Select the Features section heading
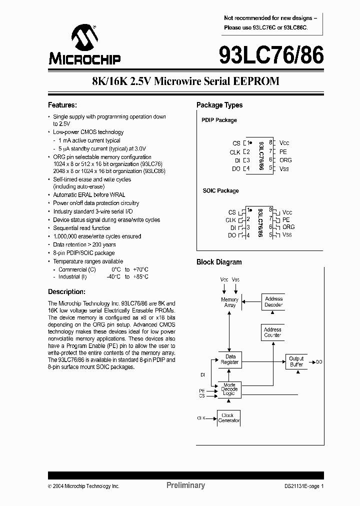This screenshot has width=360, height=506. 62,105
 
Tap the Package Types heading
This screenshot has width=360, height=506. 219,105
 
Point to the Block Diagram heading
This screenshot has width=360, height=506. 219,262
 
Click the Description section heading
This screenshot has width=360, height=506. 66,292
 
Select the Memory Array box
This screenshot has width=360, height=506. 230,302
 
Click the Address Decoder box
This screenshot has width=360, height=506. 273,301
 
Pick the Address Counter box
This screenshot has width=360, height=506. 272,332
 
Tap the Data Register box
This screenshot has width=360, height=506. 230,359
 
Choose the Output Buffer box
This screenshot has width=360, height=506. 296,361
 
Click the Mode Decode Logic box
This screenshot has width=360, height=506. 230,389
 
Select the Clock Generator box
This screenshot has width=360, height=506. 229,417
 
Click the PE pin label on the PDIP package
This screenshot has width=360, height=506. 283,151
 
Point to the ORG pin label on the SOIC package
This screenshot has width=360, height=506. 288,227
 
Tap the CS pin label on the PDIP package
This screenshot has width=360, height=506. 236,143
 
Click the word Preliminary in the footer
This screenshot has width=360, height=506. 185,485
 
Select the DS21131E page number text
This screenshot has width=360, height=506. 301,486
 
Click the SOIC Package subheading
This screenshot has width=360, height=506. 220,190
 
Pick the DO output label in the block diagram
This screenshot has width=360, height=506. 319,361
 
